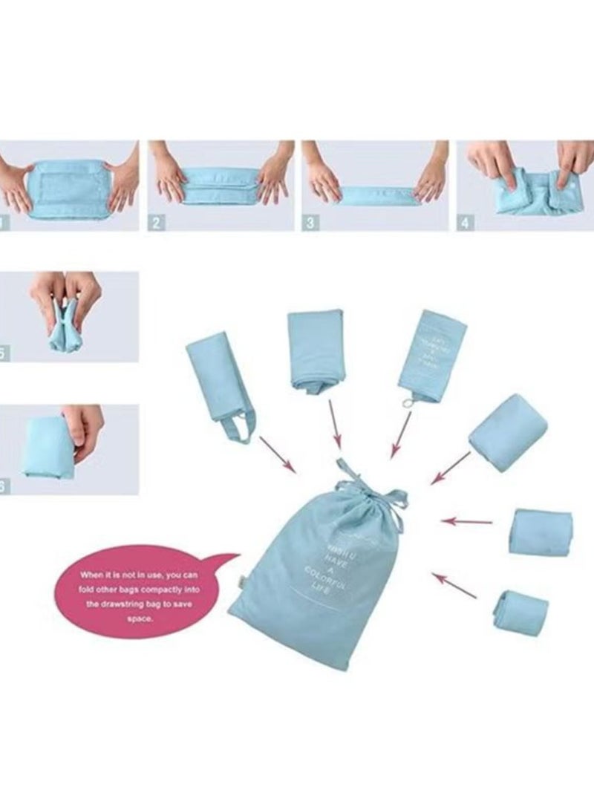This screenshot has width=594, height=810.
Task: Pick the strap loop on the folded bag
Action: [x=236, y=428]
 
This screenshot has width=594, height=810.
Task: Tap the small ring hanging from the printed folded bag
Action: [x=405, y=402]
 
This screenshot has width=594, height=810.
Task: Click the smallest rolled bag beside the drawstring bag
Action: [x=520, y=610]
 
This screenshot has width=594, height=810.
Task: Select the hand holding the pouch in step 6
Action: [x=83, y=431]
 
